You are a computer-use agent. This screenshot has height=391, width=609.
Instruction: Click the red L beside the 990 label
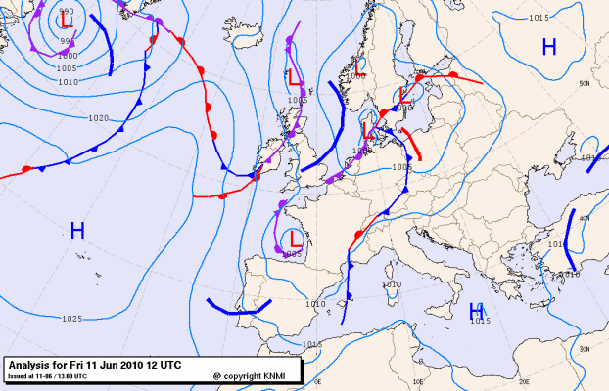click(67, 19)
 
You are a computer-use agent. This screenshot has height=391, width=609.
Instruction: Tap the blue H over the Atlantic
click(77, 231)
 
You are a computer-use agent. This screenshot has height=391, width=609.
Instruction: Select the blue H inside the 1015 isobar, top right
click(549, 46)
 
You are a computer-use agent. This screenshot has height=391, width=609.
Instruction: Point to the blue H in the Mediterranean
click(477, 311)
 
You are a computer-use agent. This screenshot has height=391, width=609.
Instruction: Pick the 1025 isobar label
click(70, 319)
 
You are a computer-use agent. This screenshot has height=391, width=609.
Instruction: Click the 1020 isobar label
click(98, 118)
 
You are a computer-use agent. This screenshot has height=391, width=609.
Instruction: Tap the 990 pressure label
click(67, 10)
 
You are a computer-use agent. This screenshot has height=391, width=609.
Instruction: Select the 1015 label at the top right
click(538, 18)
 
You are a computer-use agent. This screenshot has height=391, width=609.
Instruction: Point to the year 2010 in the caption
click(129, 364)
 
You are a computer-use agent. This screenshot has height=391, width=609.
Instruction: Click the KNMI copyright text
click(257, 375)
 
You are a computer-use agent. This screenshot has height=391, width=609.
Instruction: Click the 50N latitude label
click(584, 84)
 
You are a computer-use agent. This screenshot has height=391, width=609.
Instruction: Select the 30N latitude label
click(584, 349)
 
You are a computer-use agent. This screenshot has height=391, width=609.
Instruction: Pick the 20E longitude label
click(523, 382)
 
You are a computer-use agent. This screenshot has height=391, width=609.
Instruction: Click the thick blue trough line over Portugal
click(235, 309)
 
